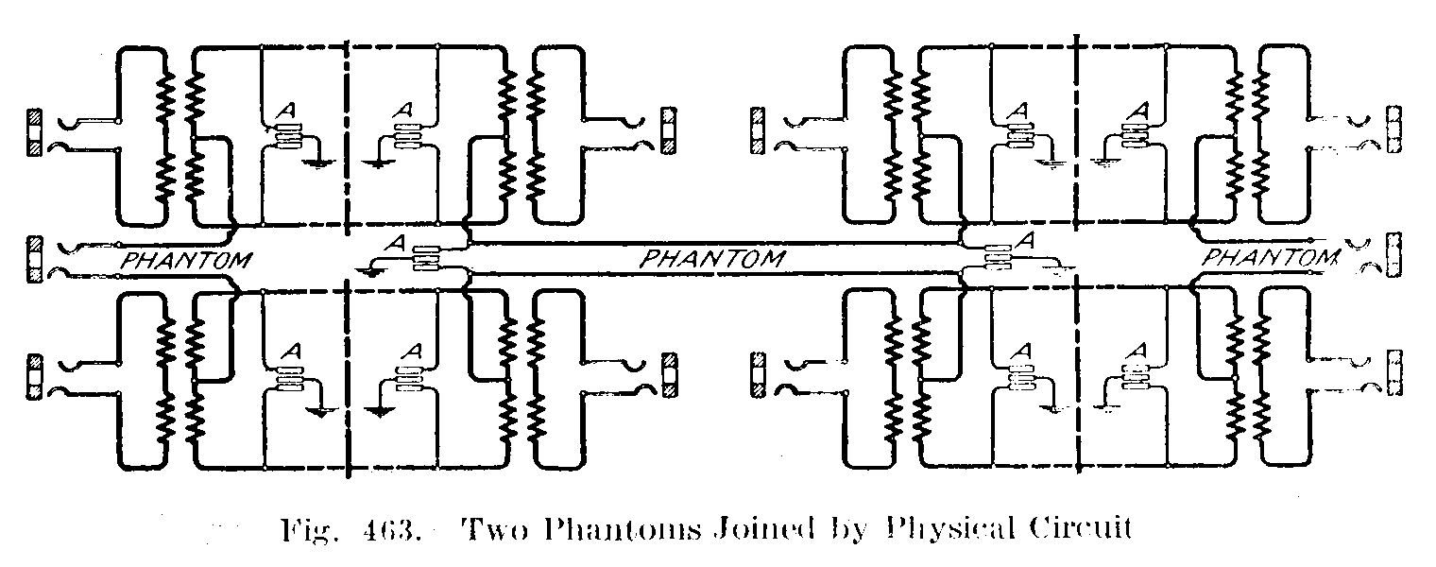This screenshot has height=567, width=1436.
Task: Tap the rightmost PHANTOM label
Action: click(1269, 257)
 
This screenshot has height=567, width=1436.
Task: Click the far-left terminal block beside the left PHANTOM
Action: click(36, 258)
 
